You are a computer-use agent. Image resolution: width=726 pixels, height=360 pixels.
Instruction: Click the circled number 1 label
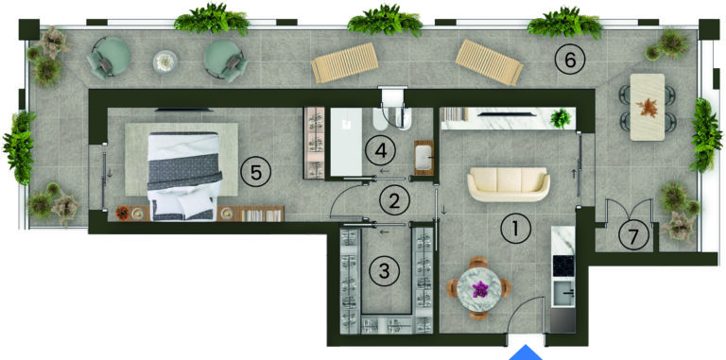pos(516,229)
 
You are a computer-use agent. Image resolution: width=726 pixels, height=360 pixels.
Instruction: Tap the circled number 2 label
pos(394,200)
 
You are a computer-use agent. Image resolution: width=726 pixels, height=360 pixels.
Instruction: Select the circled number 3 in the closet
pos(384,270)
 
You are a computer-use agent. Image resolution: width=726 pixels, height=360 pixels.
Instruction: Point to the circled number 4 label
pos(380,150)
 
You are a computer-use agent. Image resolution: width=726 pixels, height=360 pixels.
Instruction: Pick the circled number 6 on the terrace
pos(570,60)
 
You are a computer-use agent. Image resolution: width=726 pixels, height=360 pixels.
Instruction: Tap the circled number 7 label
pos(633,235)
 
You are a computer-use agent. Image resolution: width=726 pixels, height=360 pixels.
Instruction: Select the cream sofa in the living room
pos(509,184)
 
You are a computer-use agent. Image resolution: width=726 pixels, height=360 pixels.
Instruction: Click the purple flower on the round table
pos(480,290)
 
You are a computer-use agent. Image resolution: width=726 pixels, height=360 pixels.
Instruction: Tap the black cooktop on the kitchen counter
pos(563,266)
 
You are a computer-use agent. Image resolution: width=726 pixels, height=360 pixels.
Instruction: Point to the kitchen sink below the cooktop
pos(563,294)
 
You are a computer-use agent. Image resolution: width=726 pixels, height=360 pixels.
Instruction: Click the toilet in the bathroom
pos(379,120)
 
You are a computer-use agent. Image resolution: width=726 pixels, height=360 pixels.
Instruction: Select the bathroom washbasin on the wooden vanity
pos(423,158)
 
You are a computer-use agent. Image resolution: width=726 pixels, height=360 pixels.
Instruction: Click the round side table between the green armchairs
pos(165,62)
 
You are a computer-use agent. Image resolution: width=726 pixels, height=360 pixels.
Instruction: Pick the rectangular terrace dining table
pos(648,107)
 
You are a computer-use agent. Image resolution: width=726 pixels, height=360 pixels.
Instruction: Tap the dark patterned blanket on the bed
pos(184,170)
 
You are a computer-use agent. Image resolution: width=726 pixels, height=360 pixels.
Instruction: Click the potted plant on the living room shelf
pos(561,118)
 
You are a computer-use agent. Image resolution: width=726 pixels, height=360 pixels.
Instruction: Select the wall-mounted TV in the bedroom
pos(183,110)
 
